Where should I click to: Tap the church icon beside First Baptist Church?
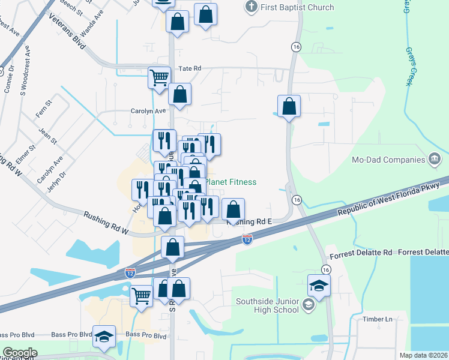pyautogui.click(x=252, y=7)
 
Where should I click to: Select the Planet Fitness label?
pyautogui.click(x=231, y=182)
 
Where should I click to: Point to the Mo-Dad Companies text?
pyautogui.click(x=388, y=160)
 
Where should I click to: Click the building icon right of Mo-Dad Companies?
pyautogui.click(x=433, y=159)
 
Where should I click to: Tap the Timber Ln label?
pyautogui.click(x=377, y=319)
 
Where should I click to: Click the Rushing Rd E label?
pyautogui.click(x=250, y=221)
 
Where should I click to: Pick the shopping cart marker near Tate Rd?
pyautogui.click(x=159, y=77)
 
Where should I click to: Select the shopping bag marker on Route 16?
pyautogui.click(x=289, y=106)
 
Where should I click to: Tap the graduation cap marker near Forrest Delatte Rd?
pyautogui.click(x=319, y=285)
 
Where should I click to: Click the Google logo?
pyautogui.click(x=20, y=353)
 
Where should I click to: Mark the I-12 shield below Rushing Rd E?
pyautogui.click(x=247, y=239)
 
